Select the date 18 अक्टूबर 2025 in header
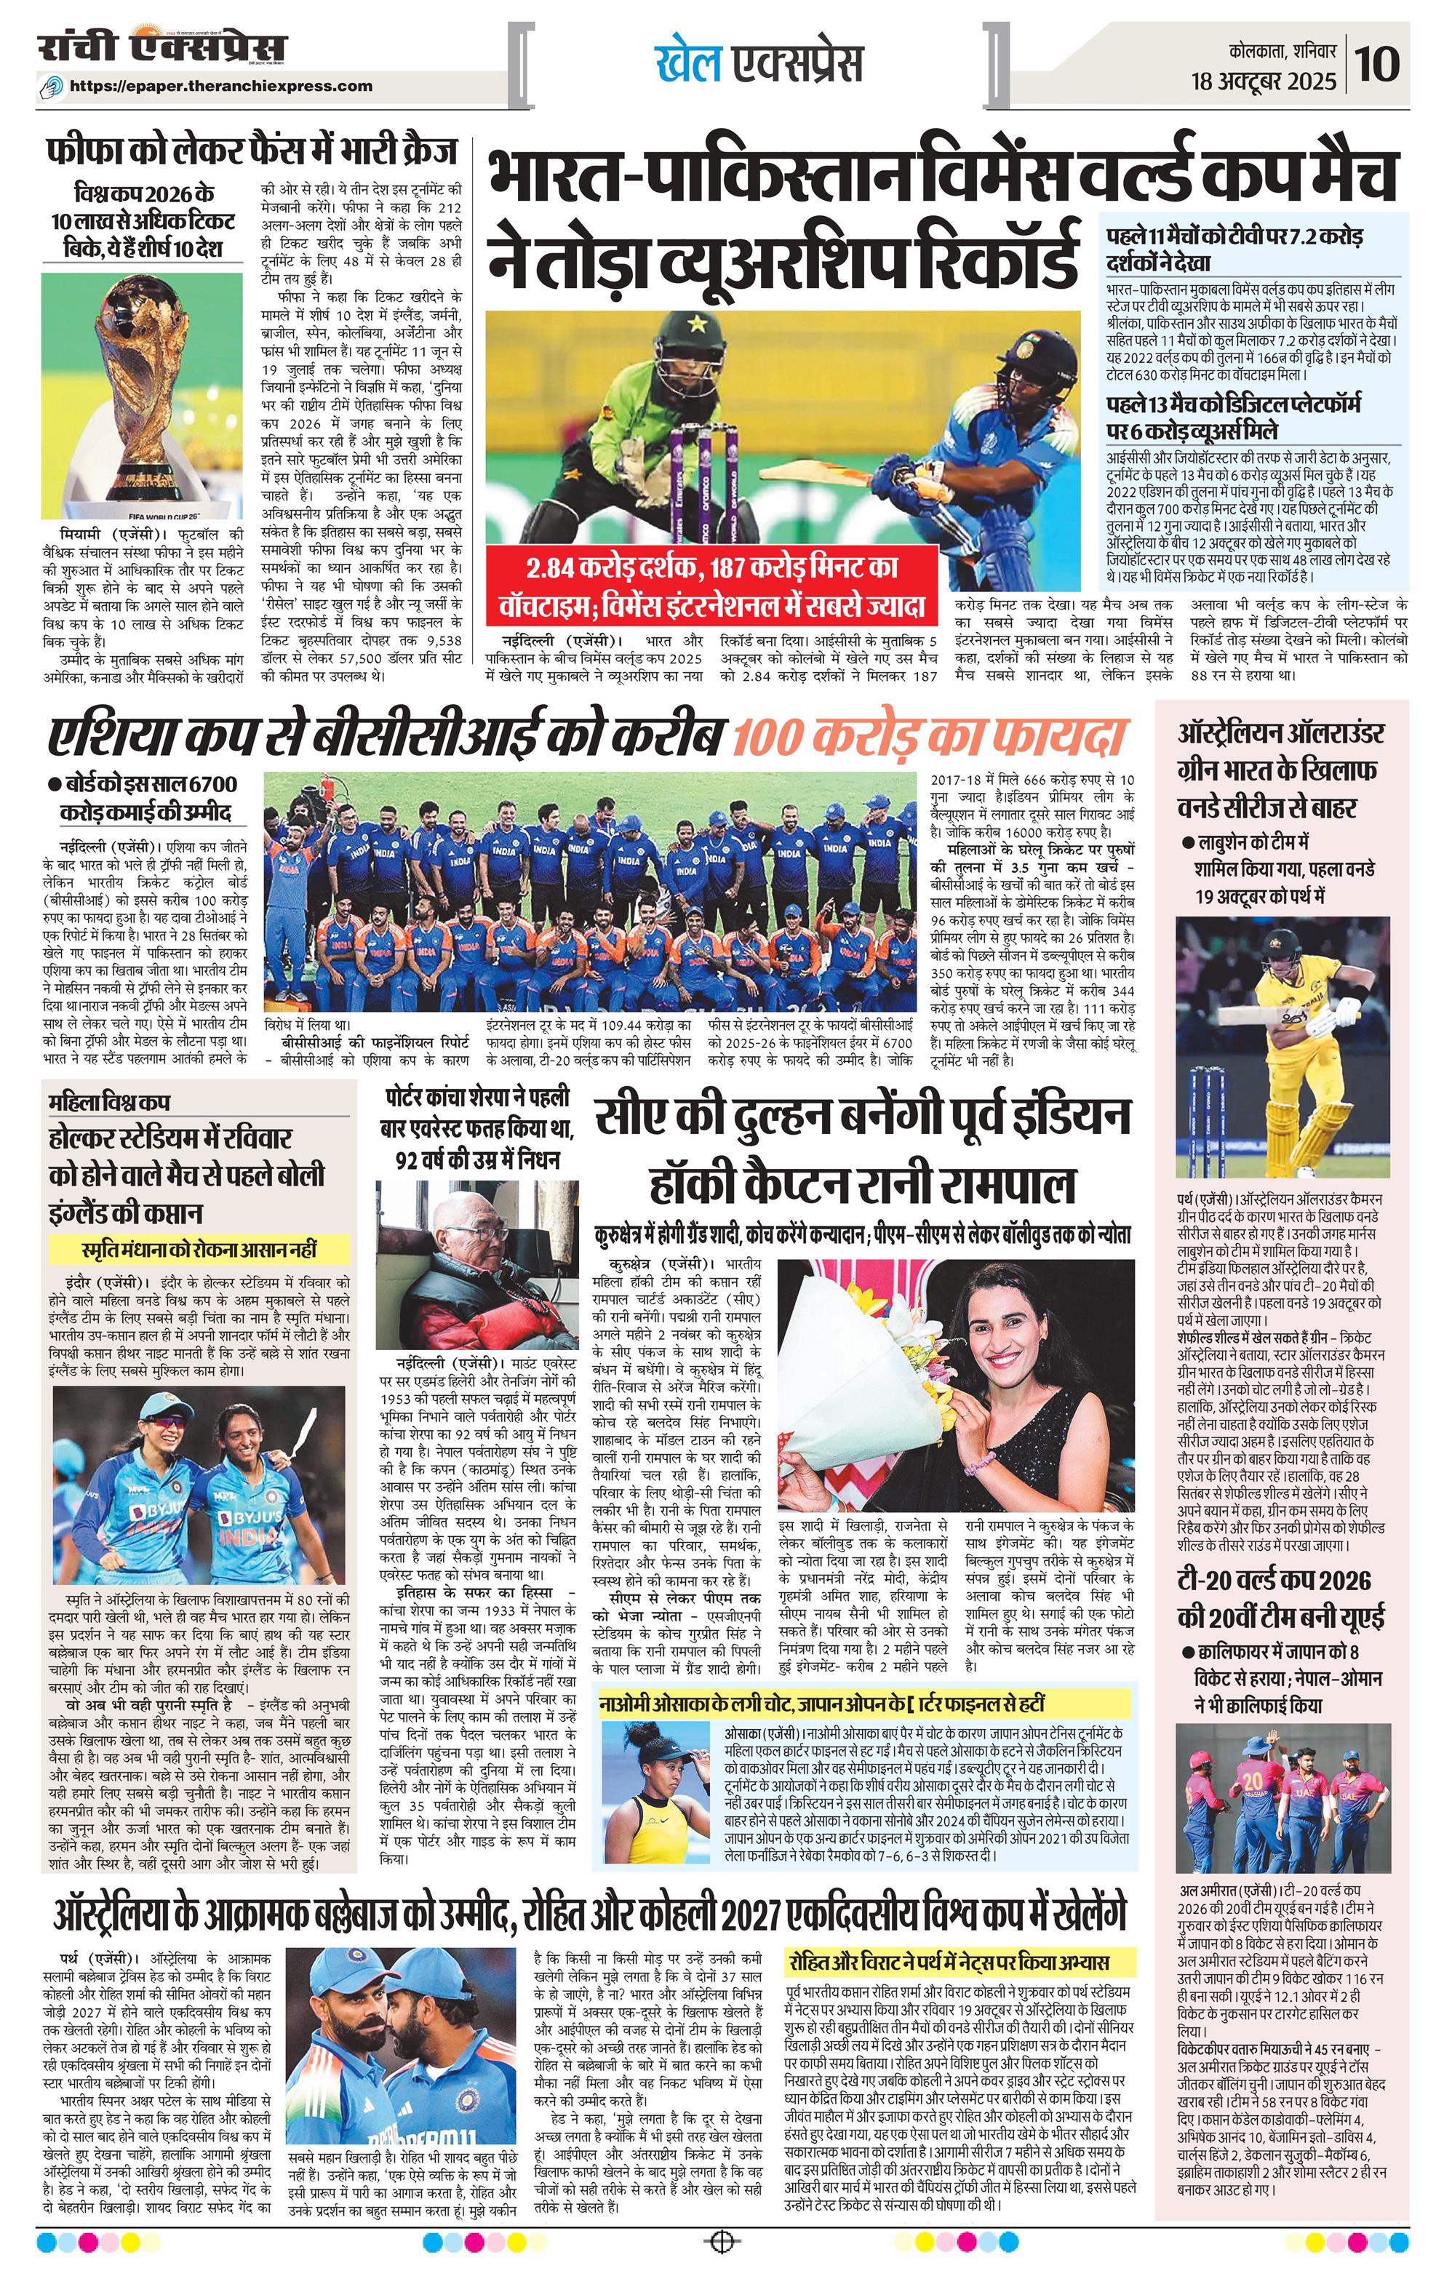coord(1264,81)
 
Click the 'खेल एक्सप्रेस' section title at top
coord(759,64)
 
